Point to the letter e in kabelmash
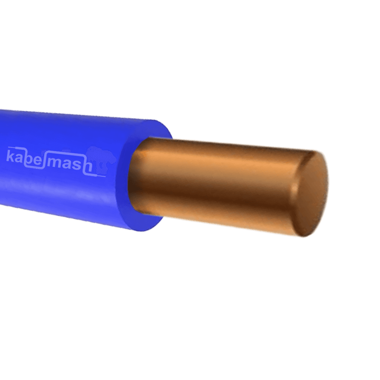37,161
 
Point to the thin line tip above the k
9,147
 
